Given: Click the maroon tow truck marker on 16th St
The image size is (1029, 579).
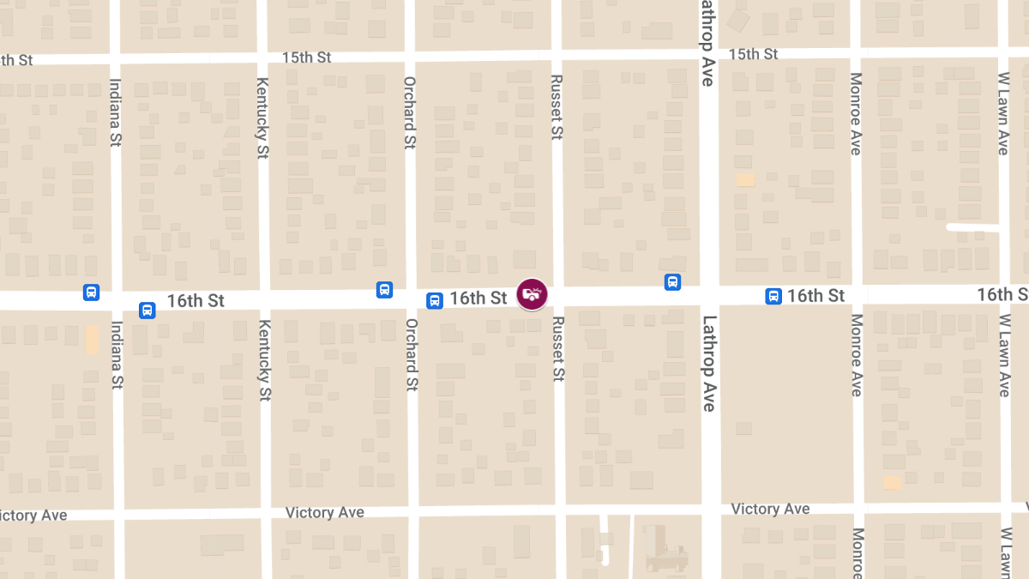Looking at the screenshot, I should coord(533,294).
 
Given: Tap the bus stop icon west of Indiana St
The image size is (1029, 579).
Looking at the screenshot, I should coord(92,293).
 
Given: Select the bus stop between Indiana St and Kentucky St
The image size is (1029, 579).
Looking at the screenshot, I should coord(147,310).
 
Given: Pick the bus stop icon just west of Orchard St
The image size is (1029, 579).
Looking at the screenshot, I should coord(385,291).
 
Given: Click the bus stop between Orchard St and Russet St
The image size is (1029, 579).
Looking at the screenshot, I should coord(435,300).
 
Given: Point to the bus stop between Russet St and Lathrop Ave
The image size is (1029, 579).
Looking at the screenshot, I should coord(673,281).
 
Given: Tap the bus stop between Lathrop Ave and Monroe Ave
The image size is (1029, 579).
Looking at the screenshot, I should coord(773,296).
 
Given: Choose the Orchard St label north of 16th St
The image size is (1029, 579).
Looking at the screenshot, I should coord(411,112).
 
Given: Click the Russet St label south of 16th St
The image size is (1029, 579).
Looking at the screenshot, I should coord(558,349).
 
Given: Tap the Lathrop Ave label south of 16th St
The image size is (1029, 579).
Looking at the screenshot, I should coord(708,364).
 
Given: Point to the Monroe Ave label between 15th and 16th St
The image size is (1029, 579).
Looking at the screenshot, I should coord(856,114).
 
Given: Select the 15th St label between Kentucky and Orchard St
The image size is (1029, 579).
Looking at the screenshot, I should coord(306,57).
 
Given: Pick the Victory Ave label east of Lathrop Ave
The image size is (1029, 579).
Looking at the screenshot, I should coord(770,509).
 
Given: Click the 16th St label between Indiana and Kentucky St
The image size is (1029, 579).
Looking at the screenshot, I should coord(196,301).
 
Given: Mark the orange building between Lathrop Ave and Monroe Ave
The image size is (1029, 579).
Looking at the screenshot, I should coord(745,179).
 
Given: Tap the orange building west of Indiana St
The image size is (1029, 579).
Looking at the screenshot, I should coord(92,339).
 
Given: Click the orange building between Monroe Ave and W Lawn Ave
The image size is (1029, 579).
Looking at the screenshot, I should coord(893,483).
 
